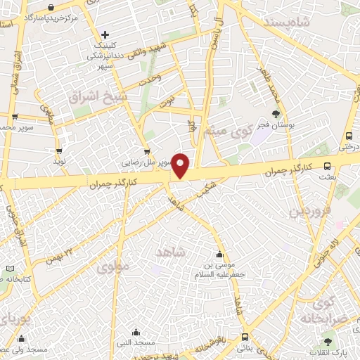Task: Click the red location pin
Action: coord(181,165)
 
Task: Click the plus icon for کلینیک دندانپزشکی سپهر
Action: coord(105,34)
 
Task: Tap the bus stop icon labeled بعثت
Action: coord(327,166)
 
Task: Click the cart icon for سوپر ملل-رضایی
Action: coord(146,150)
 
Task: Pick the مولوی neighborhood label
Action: coord(111,268)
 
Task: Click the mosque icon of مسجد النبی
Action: coord(136,331)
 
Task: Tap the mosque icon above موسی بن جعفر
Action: coord(220,255)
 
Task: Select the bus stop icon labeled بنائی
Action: coord(244,337)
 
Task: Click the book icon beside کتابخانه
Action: coord(9,269)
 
